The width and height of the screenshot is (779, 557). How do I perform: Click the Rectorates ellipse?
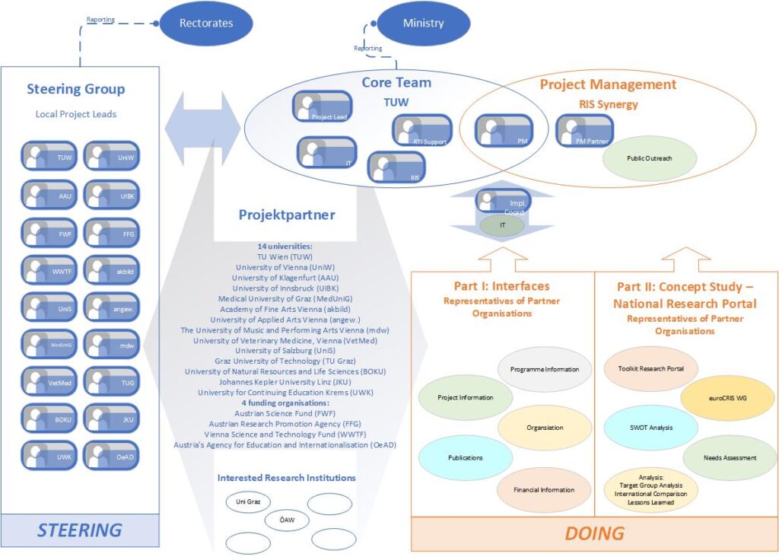205,24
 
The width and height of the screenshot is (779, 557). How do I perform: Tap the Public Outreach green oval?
649,158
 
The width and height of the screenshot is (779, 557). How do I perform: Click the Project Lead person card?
322,107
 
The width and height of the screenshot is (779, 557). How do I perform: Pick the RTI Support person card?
421,130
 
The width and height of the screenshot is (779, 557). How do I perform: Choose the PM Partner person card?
585,130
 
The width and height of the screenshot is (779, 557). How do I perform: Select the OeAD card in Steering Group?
111,455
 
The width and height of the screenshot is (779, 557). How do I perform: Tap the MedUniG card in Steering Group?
49,344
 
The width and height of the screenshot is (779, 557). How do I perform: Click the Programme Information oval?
544,370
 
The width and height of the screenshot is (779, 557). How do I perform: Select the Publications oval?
466,458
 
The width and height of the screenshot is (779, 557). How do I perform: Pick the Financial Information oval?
544,489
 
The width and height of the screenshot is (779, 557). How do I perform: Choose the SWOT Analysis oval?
650,428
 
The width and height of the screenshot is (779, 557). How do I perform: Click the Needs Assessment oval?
730,458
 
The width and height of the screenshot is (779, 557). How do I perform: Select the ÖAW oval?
288,520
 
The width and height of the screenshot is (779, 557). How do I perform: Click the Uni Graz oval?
248,502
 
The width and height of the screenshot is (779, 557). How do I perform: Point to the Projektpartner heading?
287,215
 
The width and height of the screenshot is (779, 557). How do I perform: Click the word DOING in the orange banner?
595,533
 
